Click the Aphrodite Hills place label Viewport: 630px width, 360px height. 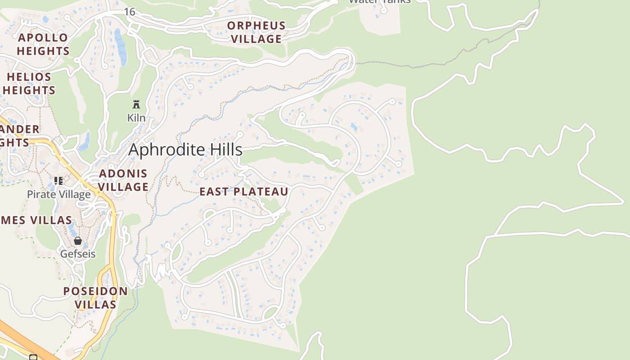pyautogui.click(x=185, y=150)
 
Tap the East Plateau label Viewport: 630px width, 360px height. pyautogui.click(x=243, y=192)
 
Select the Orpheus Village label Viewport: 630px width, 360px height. pyautogui.click(x=256, y=32)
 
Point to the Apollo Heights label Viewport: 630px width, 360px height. pyautogui.click(x=43, y=44)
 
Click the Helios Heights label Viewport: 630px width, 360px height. pyautogui.click(x=29, y=83)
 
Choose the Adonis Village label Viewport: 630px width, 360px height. pyautogui.click(x=123, y=180)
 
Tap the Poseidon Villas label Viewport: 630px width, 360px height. pyautogui.click(x=95, y=297)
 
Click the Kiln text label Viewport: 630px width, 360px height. pyautogui.click(x=136, y=118)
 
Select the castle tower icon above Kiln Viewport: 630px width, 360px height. pyautogui.click(x=136, y=105)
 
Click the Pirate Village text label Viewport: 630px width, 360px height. pyautogui.click(x=58, y=194)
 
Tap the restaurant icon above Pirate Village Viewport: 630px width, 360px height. pyautogui.click(x=58, y=181)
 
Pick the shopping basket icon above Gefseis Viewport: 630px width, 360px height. pyautogui.click(x=78, y=241)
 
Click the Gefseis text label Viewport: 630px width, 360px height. pyautogui.click(x=78, y=254)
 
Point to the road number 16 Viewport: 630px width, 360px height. pyautogui.click(x=130, y=12)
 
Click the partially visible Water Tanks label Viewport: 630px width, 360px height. pyautogui.click(x=379, y=2)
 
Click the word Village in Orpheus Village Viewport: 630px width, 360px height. pyautogui.click(x=256, y=39)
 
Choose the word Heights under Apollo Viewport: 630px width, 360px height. pyautogui.click(x=43, y=51)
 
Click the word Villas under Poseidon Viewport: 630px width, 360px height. pyautogui.click(x=95, y=305)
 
